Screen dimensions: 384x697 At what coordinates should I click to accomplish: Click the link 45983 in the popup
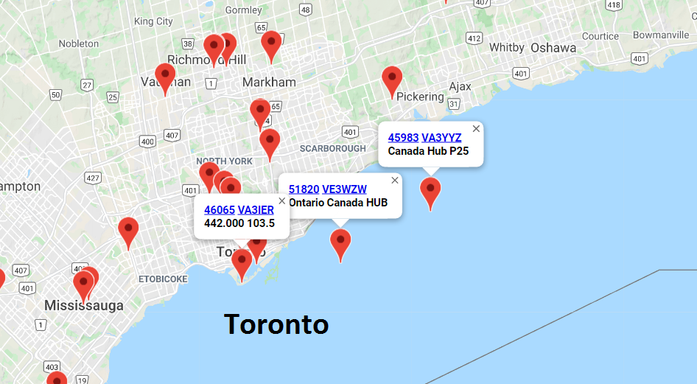coord(403,138)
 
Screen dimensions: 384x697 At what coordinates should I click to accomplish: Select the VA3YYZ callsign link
coord(441,138)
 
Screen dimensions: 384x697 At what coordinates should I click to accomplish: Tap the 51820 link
coord(304,189)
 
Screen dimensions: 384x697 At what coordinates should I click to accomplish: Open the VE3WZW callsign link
coord(344,189)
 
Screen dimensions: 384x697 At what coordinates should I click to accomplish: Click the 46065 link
coord(219,210)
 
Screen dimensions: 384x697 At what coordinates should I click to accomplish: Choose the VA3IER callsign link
coord(256,210)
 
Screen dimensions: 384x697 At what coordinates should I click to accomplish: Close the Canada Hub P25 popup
coord(476,129)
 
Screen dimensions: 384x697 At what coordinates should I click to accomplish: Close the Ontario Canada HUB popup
coord(395,181)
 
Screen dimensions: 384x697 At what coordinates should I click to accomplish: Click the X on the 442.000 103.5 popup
coord(281,200)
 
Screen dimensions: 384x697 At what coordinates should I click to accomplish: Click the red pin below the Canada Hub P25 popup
coord(430,190)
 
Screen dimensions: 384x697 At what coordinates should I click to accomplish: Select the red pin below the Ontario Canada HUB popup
coord(340,242)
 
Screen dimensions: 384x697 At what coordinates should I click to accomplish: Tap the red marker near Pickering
coord(392,80)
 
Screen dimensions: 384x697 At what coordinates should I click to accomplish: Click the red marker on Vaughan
coord(165,77)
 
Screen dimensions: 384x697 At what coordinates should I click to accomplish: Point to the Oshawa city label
coord(553,48)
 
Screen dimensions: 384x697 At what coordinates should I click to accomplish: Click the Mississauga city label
coord(83,305)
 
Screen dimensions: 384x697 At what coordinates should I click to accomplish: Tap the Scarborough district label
coord(332,149)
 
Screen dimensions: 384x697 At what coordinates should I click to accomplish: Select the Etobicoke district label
coord(163,279)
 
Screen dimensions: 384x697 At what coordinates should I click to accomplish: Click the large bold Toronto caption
coord(276,324)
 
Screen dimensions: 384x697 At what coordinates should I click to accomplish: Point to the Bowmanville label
coord(661,35)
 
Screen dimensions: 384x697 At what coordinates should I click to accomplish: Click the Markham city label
coord(269,82)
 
